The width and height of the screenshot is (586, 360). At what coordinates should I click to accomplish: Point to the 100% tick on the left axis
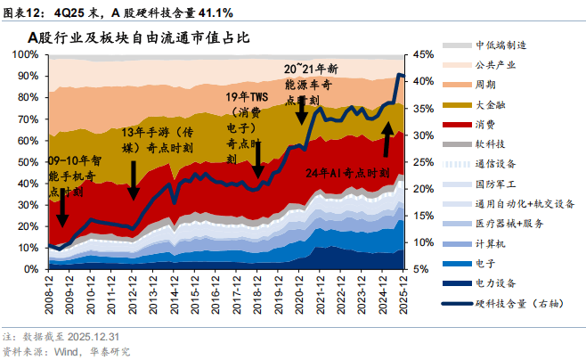(x=23, y=54)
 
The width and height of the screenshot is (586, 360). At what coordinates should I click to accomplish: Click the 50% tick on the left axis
(x=26, y=161)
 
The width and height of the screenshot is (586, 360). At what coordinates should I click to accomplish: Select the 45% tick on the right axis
(x=423, y=54)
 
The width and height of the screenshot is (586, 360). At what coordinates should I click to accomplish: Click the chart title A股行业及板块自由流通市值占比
(x=138, y=38)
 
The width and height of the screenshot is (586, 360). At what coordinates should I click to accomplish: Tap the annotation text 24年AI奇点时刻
(x=348, y=173)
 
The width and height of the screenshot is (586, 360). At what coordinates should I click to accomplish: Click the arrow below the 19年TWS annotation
(x=257, y=160)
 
